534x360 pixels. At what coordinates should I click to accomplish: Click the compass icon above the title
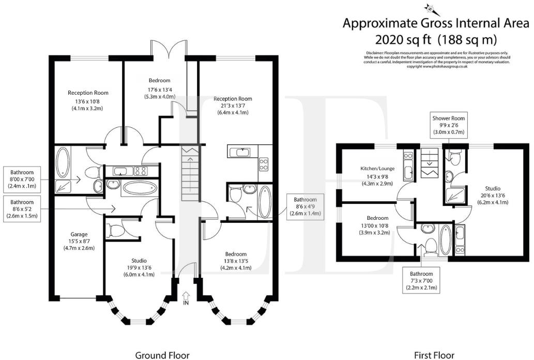(430, 8)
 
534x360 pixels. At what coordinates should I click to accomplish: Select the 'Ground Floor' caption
(162, 355)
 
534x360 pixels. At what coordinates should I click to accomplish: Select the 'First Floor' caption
(434, 355)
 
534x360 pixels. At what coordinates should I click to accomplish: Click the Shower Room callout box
(449, 125)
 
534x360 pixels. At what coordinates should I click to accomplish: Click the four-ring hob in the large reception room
(264, 164)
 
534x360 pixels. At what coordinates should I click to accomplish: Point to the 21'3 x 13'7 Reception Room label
(234, 106)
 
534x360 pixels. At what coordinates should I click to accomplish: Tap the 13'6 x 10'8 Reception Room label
(88, 100)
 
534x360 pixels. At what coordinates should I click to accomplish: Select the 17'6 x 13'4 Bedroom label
(160, 88)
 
